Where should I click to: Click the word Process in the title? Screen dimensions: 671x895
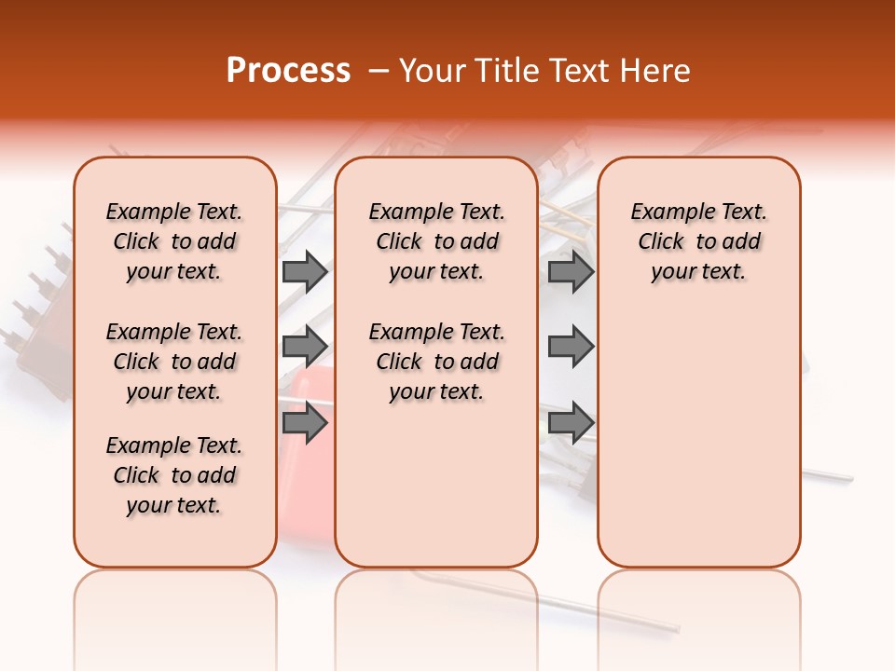(288, 71)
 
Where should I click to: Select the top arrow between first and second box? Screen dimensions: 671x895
(305, 271)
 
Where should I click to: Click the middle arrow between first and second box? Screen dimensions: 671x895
(305, 347)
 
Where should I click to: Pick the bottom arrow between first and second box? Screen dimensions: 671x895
(305, 423)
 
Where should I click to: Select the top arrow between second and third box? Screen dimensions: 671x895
(571, 271)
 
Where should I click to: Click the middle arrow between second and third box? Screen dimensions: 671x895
(571, 347)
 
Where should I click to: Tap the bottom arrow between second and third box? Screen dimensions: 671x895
(571, 423)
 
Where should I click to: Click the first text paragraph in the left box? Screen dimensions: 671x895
(174, 241)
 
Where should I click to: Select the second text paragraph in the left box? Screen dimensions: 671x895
(174, 362)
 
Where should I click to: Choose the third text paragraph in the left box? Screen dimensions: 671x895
(174, 475)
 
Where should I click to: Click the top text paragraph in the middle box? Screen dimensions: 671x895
(436, 241)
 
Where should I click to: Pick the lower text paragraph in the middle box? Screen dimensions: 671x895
(436, 362)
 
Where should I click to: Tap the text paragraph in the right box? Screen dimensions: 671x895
(698, 241)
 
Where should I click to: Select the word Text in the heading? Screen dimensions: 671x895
(577, 71)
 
